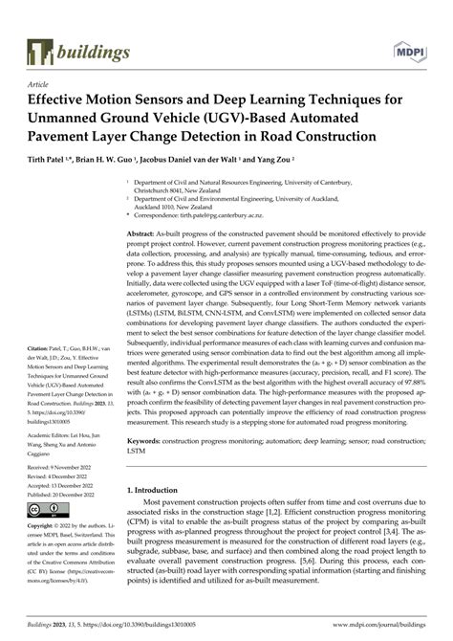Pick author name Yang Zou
click(285, 159)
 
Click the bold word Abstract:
click(142, 233)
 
